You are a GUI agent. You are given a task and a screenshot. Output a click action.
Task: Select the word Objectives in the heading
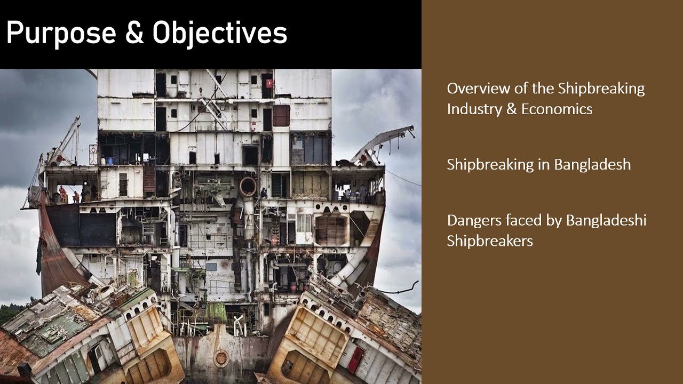(x=220, y=34)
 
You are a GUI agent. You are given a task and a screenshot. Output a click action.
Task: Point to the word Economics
(x=557, y=109)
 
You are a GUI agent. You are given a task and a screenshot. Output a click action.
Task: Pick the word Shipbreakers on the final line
(x=490, y=241)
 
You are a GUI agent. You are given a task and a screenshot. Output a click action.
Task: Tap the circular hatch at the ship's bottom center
(x=221, y=358)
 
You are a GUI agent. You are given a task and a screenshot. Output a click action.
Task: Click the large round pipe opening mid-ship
(x=248, y=186)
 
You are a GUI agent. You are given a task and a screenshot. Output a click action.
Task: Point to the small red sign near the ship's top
(x=269, y=83)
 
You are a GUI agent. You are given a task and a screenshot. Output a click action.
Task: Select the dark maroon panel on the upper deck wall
(x=281, y=115)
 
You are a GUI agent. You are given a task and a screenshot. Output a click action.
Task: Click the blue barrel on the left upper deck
(x=110, y=161)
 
